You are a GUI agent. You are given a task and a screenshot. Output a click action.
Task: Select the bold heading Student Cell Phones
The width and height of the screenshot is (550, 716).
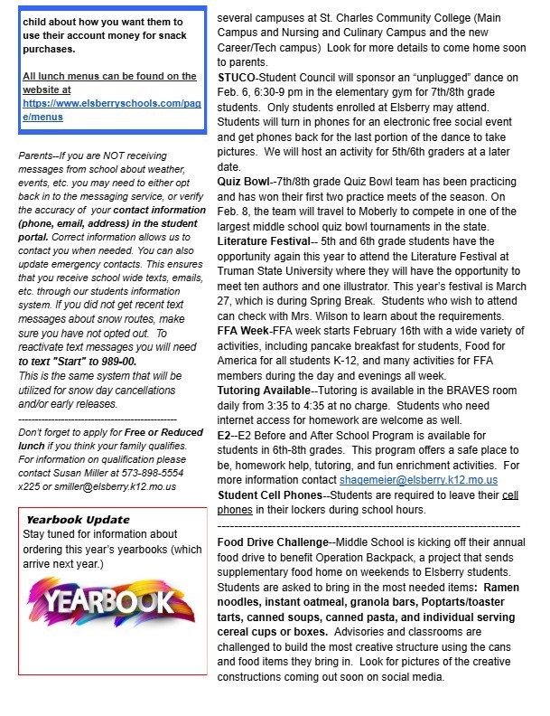click(269, 496)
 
